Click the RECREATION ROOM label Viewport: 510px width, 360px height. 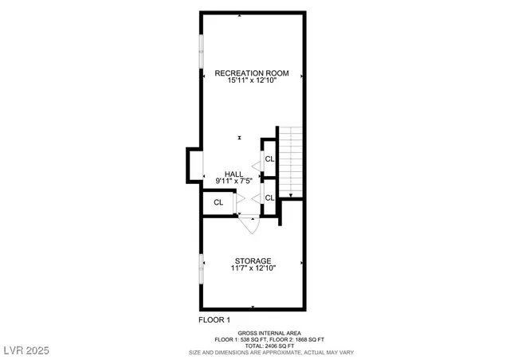[x=252, y=73]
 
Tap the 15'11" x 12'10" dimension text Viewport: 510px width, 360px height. [x=252, y=81]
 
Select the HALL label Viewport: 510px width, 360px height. [x=233, y=174]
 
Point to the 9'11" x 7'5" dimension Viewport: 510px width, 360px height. [x=233, y=182]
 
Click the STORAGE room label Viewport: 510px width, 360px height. [x=253, y=261]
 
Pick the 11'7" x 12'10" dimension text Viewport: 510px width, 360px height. [x=253, y=269]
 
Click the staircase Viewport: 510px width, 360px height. [x=292, y=159]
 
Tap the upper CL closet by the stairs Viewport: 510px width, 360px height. [x=269, y=159]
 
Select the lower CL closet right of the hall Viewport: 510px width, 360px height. [x=269, y=197]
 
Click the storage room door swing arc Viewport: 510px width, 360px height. [x=249, y=225]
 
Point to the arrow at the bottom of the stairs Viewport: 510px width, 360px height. [x=292, y=194]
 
